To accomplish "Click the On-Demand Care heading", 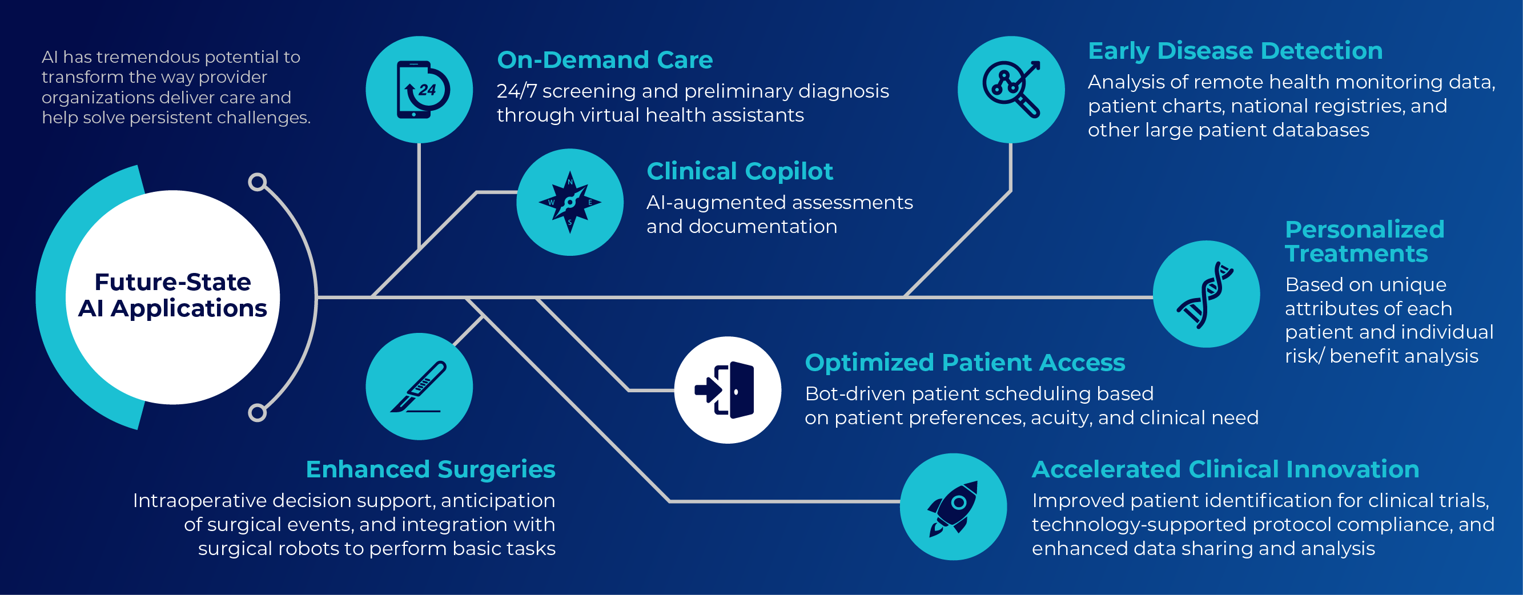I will tap(605, 60).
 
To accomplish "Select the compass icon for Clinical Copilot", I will tap(570, 202).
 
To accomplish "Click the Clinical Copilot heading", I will tap(740, 171).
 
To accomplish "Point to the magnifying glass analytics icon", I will tap(1011, 89).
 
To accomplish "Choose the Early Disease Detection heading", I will tap(1235, 51).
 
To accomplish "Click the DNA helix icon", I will tap(1206, 294).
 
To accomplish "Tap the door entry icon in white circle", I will tap(727, 391).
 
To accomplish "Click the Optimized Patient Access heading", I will tap(965, 363).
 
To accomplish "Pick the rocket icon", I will tap(953, 507).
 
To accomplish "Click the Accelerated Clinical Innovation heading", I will tap(1225, 469).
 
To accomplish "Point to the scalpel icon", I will tap(419, 386).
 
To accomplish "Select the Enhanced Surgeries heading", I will tap(431, 469).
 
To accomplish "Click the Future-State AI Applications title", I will tap(172, 295).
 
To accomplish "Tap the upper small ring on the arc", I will tap(257, 182).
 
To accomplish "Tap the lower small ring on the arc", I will tap(257, 412).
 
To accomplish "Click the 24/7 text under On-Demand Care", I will tap(516, 91).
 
